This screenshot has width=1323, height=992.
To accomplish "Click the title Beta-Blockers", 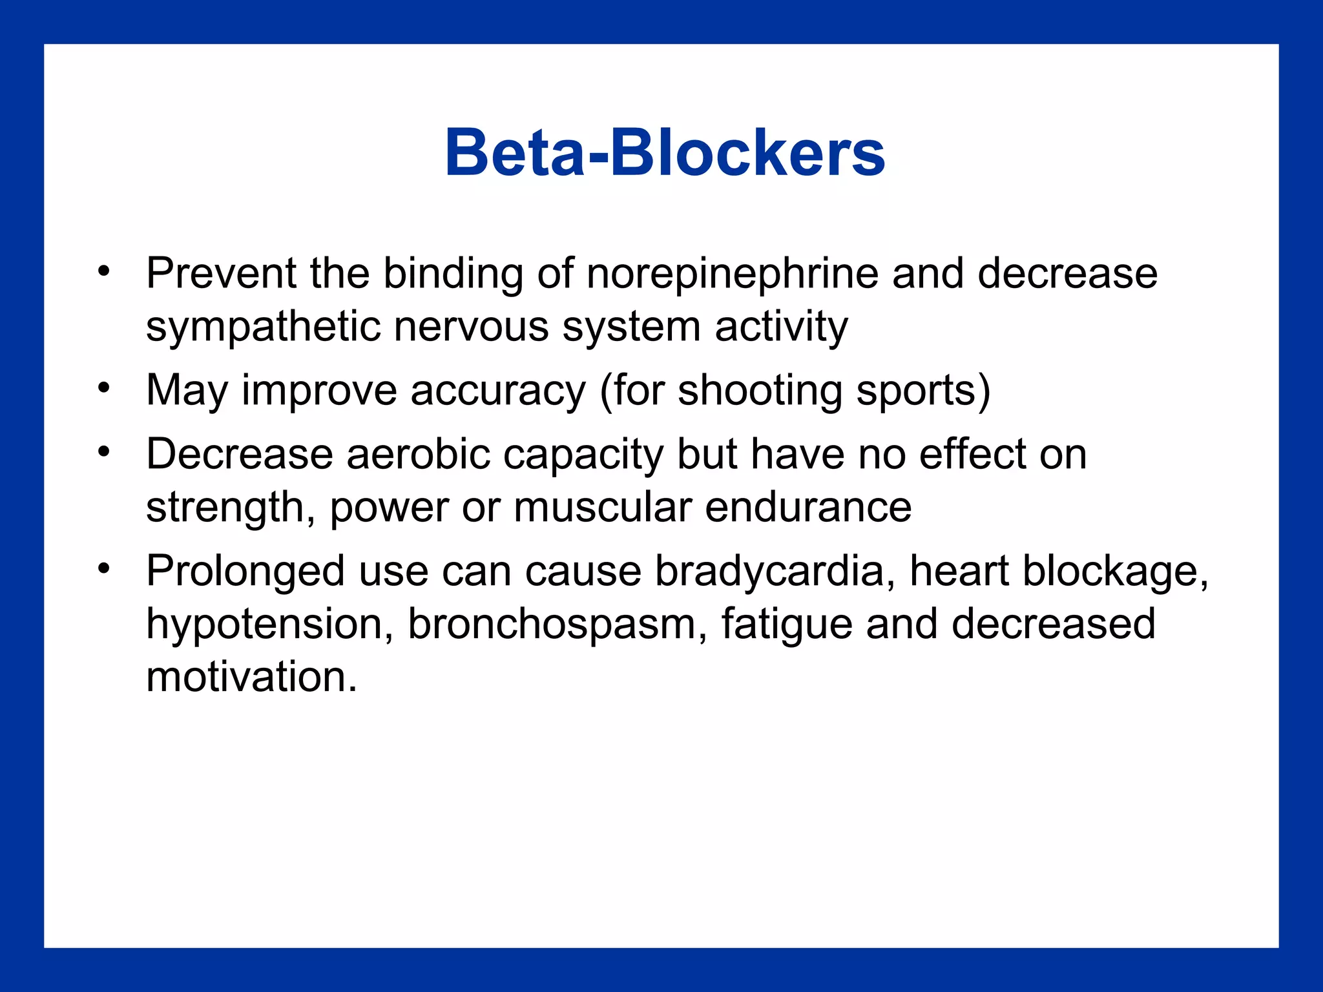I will click(x=665, y=153).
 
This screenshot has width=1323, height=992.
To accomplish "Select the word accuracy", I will click(x=498, y=391).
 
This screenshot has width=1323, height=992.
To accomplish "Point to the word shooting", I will click(x=760, y=391).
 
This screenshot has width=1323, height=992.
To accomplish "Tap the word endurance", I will click(x=808, y=508).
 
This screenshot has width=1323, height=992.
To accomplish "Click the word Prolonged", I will click(x=245, y=572).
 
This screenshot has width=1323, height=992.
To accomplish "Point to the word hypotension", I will click(x=265, y=625).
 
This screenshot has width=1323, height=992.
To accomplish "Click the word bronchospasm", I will click(x=552, y=625).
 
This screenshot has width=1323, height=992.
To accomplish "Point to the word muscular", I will click(x=603, y=508).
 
